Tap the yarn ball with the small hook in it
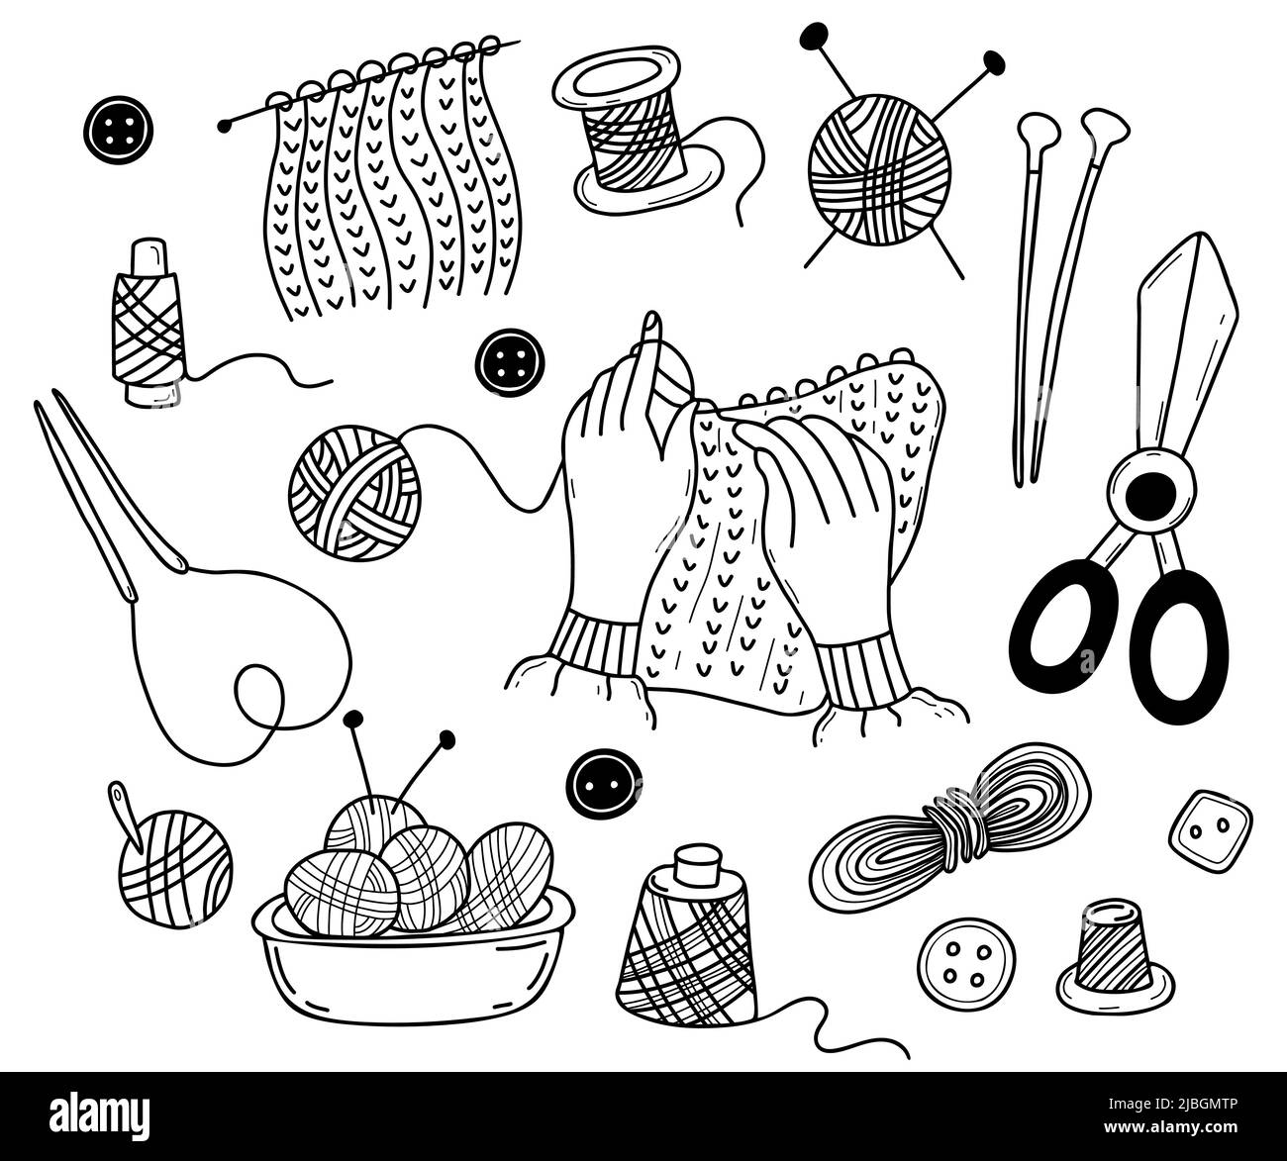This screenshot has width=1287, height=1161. tap(174, 868)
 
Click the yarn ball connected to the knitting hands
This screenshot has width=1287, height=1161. tap(354, 492)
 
